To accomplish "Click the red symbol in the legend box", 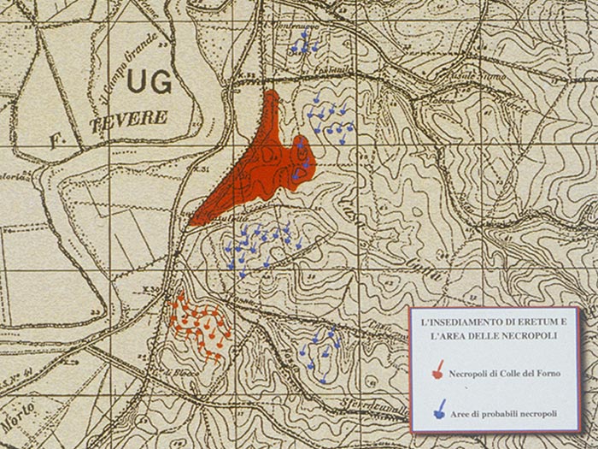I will coord(438,369).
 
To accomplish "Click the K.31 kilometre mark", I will coord(202,168).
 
